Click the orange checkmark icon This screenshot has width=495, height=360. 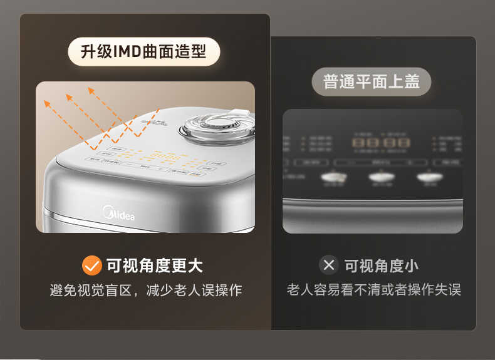[x=91, y=265]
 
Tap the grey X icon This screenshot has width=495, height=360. [x=328, y=265]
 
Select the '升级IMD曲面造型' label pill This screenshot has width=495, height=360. [x=144, y=51]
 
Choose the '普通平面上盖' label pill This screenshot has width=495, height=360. [x=372, y=81]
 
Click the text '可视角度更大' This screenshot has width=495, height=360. [x=154, y=265]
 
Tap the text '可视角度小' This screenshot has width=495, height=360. [x=382, y=265]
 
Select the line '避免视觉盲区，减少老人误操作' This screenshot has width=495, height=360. [x=145, y=291]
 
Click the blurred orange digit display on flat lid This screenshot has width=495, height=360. [x=381, y=143]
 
